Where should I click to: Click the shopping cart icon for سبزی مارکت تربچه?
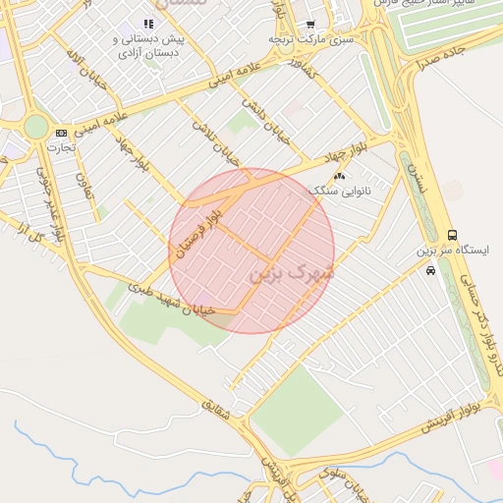click(x=310, y=25)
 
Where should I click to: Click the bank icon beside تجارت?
click(x=62, y=133)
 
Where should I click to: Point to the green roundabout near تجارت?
click(x=35, y=127)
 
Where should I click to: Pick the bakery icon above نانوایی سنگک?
click(x=340, y=176)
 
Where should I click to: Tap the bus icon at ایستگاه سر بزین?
click(x=452, y=236)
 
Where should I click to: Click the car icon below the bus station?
click(x=431, y=271)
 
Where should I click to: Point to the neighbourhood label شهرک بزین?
click(x=293, y=270)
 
